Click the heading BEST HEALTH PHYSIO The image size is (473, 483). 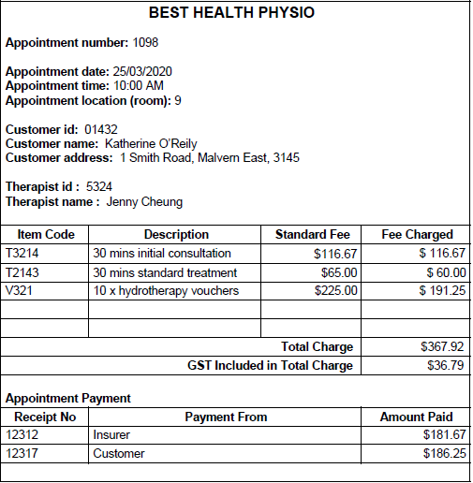pos(232,13)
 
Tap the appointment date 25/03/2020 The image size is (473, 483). pos(142,72)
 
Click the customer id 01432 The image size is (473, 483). pos(100,129)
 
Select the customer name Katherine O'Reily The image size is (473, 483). pos(150,144)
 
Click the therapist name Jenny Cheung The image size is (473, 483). pos(144,201)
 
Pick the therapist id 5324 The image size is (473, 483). pos(99,187)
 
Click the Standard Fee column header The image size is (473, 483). pos(312,235)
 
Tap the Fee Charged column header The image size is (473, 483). pos(417,235)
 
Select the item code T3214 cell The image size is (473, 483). pos(22,254)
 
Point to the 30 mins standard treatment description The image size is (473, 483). pos(165,272)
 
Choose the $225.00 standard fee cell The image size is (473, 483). pos(336,291)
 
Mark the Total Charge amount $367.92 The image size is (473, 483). pos(442,347)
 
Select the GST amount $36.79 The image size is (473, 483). pos(446,366)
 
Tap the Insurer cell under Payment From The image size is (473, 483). pos(111,435)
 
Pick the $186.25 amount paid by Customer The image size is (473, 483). pos(444,454)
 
